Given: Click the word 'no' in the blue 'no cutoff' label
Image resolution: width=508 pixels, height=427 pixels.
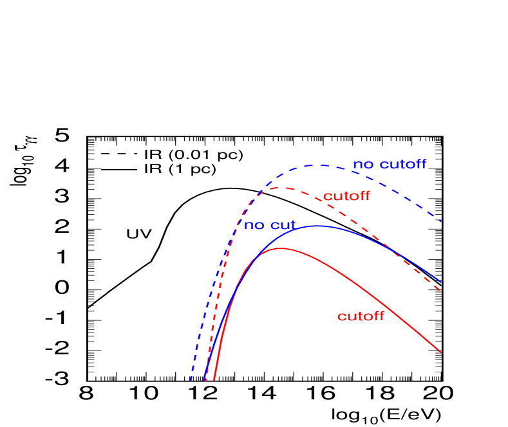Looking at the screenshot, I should click(x=362, y=165).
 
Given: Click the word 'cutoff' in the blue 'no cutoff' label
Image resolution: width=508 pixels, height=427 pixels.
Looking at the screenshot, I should click(x=402, y=164).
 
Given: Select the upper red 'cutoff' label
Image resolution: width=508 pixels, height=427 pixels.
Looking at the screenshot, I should click(x=346, y=196).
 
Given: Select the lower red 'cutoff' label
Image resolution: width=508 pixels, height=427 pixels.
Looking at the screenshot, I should click(x=361, y=316).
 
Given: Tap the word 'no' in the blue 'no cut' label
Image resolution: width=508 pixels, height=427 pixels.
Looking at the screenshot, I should click(x=253, y=226).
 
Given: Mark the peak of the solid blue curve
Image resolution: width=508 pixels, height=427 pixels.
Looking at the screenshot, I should click(x=317, y=226).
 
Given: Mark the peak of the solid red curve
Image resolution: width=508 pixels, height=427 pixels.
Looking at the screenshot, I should click(x=280, y=248).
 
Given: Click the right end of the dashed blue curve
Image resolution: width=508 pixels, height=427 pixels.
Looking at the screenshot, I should click(x=441, y=222).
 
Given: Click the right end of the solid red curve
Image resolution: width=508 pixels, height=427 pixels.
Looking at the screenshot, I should click(x=441, y=352).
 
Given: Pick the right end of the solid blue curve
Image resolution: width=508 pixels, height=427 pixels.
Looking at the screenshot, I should click(x=441, y=282).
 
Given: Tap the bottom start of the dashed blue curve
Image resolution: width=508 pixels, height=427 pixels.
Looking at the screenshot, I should click(x=191, y=381).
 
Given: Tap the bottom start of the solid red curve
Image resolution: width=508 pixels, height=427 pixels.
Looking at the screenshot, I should click(x=214, y=381).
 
